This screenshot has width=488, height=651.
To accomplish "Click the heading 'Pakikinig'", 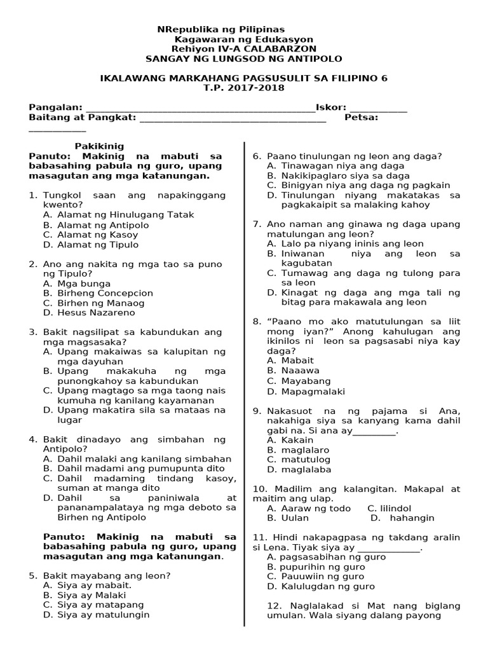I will (x=99, y=146).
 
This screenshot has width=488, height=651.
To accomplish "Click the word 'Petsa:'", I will (x=362, y=118).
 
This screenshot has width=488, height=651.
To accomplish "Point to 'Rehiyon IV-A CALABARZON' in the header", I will (x=243, y=49).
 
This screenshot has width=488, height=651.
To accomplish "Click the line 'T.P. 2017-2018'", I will (x=243, y=88).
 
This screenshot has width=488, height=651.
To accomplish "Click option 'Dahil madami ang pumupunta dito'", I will (x=136, y=469).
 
